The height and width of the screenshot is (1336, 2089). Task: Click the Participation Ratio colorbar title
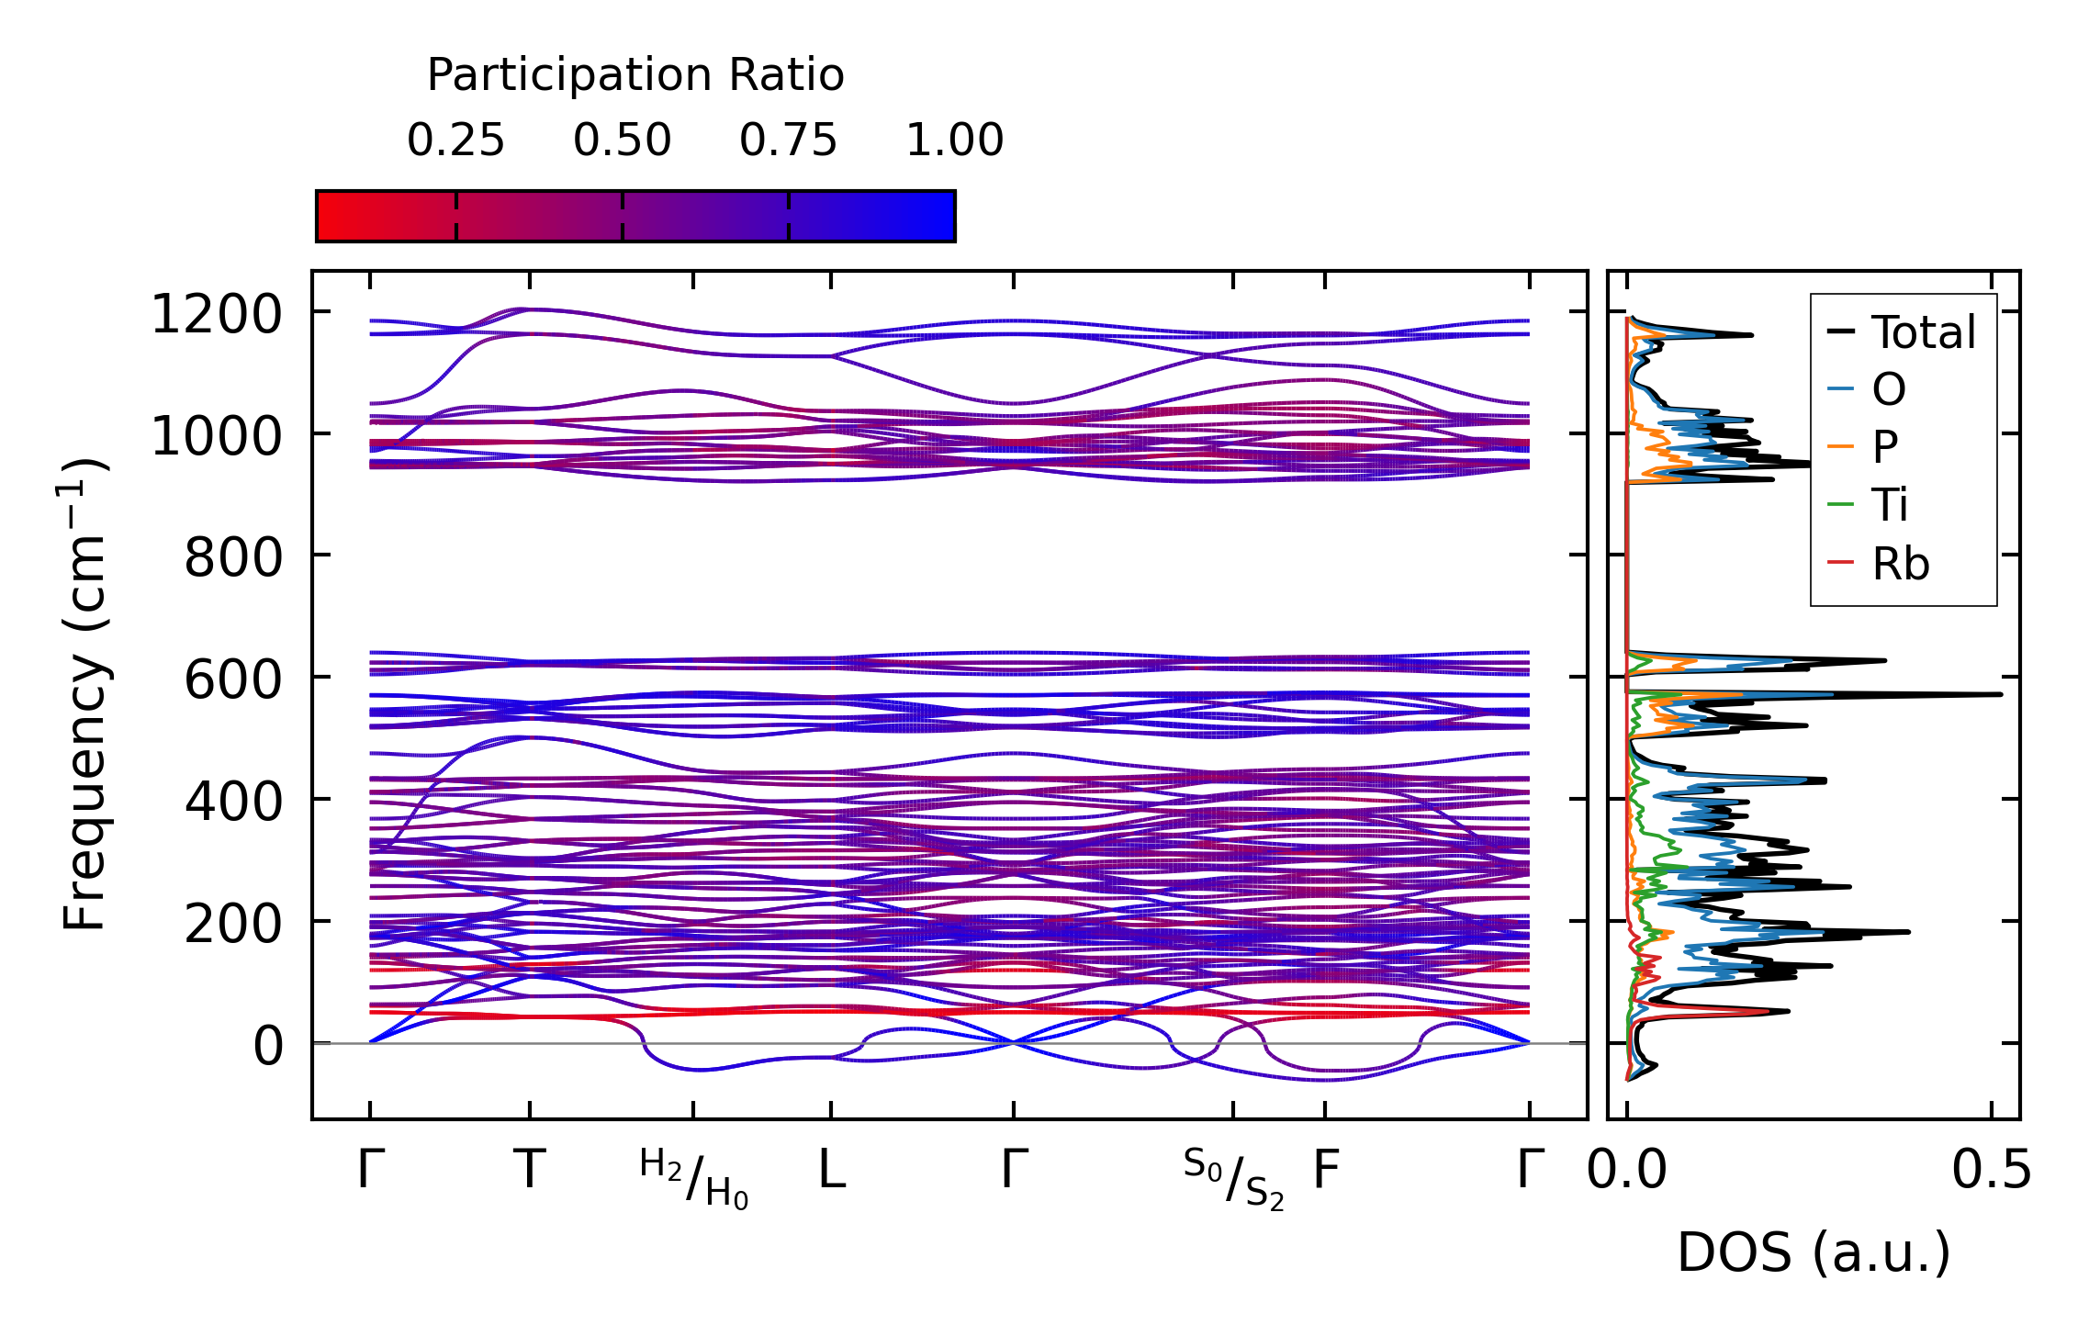coord(635,75)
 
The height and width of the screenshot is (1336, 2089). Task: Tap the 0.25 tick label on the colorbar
coord(455,140)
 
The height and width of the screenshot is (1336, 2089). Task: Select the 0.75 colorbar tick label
coord(788,140)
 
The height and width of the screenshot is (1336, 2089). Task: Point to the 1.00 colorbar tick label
coord(954,140)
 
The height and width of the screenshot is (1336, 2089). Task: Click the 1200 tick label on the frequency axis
coord(216,315)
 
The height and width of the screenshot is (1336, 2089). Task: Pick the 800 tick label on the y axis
coord(233,557)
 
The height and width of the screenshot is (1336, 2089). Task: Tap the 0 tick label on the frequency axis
coord(268,1046)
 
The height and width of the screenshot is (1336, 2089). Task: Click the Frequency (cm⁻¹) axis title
coord(85,694)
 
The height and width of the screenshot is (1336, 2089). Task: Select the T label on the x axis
coord(530,1170)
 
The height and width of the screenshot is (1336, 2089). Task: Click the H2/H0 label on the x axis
coord(694,1178)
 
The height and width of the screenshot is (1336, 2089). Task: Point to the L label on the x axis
coord(831,1170)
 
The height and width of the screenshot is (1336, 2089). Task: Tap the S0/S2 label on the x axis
coord(1233,1178)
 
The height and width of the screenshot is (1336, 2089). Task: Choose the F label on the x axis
coord(1325,1170)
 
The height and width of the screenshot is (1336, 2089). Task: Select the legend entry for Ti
coord(1890,505)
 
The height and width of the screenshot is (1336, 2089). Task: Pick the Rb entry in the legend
coord(1900,564)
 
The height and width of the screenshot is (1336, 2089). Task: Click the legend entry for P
coord(1884,447)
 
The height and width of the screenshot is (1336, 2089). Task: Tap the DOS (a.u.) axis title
coord(1814,1252)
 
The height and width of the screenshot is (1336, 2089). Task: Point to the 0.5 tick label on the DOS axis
coord(1991,1171)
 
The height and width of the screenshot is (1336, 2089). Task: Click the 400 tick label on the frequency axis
coord(233,802)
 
